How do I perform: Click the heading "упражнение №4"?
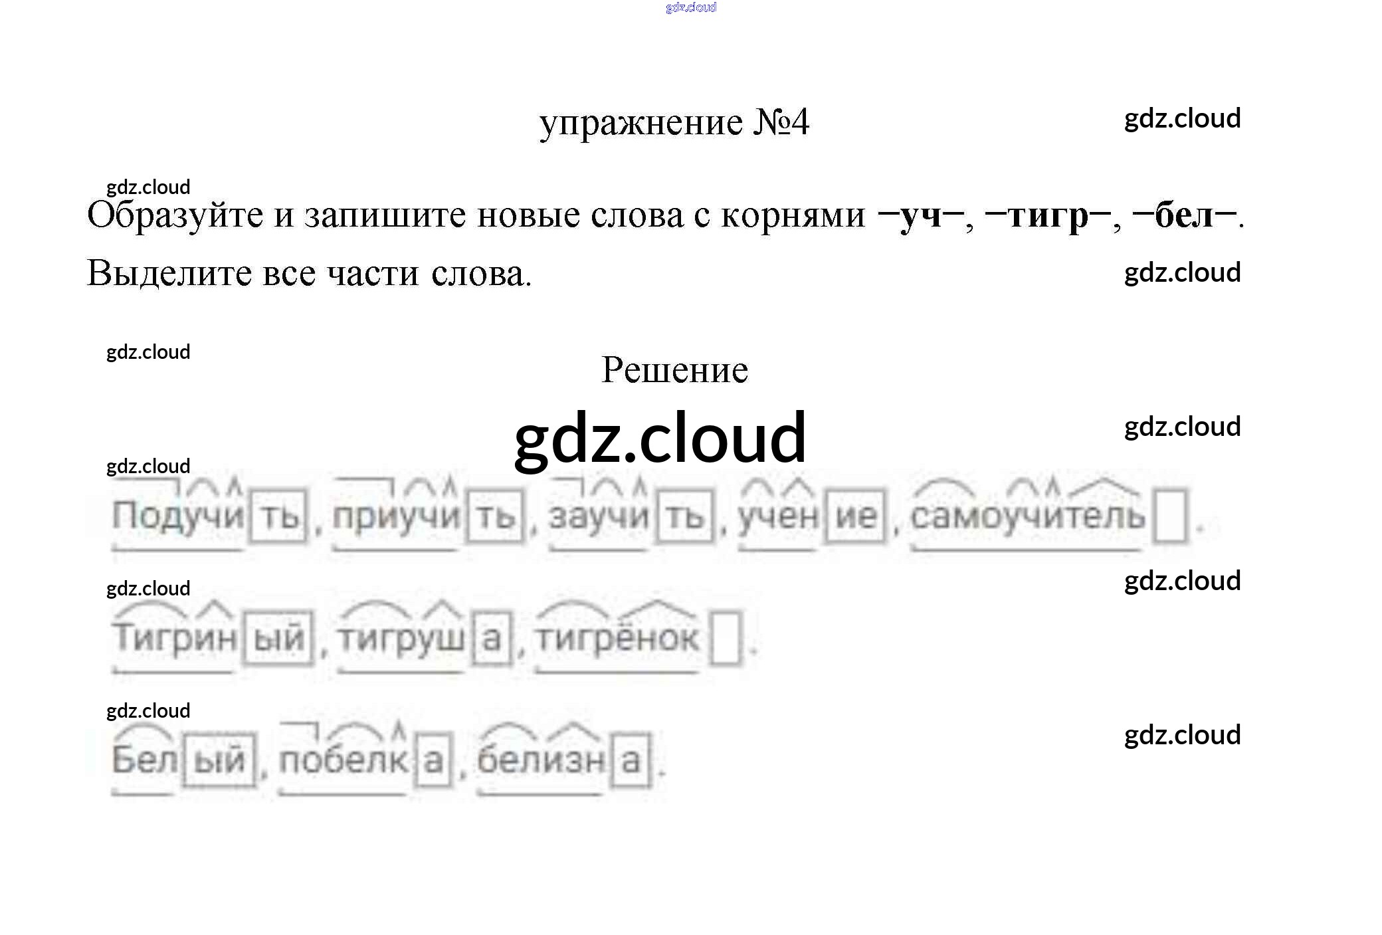pyautogui.click(x=674, y=123)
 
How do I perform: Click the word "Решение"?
pyautogui.click(x=674, y=370)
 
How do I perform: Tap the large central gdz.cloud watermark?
pyautogui.click(x=660, y=437)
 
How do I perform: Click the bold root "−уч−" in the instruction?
pyautogui.click(x=920, y=215)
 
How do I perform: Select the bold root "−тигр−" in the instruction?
pyautogui.click(x=1048, y=215)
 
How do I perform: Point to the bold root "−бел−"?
pyautogui.click(x=1183, y=215)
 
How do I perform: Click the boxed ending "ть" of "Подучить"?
pyautogui.click(x=280, y=516)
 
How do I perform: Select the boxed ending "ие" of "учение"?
pyautogui.click(x=856, y=516)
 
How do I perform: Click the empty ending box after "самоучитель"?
pyautogui.click(x=1171, y=516)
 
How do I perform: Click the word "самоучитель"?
pyautogui.click(x=1027, y=516)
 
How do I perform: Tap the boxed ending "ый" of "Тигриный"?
pyautogui.click(x=278, y=639)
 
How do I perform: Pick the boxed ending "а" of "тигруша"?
pyautogui.click(x=491, y=639)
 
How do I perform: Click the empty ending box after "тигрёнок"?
pyautogui.click(x=726, y=639)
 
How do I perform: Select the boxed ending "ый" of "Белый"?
pyautogui.click(x=219, y=760)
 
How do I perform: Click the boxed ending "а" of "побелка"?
pyautogui.click(x=433, y=760)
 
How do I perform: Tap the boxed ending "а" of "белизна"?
pyautogui.click(x=630, y=760)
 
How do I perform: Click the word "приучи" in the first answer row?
pyautogui.click(x=396, y=516)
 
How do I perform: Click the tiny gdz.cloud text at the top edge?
pyautogui.click(x=690, y=7)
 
